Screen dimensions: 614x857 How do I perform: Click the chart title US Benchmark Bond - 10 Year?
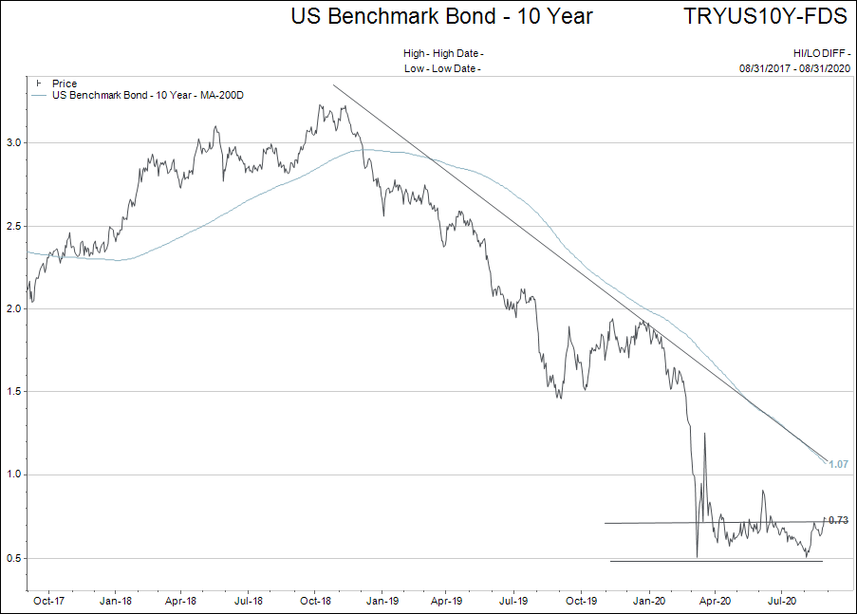[x=441, y=16]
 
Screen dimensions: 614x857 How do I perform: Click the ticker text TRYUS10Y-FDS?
[x=765, y=16]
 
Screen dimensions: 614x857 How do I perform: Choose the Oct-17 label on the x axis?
[x=48, y=600]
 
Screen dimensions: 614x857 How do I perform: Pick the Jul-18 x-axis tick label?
[x=248, y=600]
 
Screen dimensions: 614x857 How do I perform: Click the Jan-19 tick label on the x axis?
[x=382, y=600]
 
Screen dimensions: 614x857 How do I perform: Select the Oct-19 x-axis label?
[x=581, y=600]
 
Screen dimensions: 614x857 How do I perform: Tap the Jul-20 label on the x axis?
[x=781, y=600]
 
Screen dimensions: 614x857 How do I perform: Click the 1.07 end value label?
[x=838, y=464]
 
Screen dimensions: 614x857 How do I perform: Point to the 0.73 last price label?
[x=838, y=520]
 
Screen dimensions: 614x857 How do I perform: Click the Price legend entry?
[x=65, y=84]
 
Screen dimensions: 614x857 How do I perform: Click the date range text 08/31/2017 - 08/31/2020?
[x=795, y=68]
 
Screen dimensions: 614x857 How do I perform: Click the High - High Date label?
[x=442, y=54]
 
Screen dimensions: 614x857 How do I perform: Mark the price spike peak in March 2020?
[x=705, y=434]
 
